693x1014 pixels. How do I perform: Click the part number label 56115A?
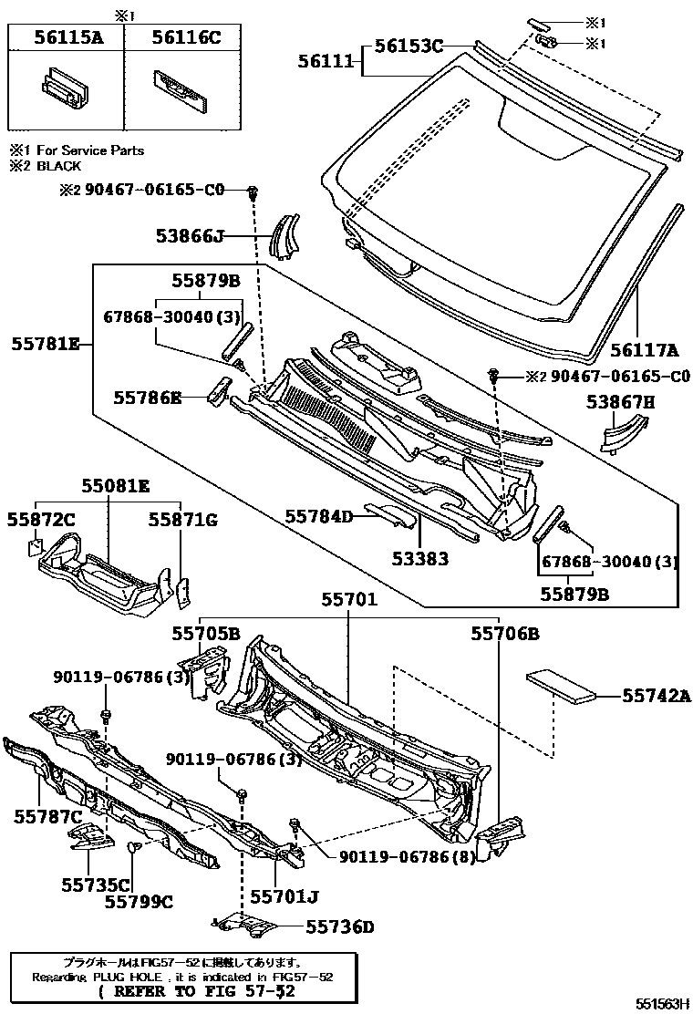pos(66,37)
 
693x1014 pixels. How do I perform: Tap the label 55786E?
pos(148,397)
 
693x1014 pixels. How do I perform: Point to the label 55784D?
pos(317,517)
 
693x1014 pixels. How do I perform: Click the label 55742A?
pos(657,695)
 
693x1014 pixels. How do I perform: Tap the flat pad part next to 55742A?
pos(563,684)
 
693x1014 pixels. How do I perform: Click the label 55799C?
pos(139,901)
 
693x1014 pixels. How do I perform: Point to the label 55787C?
pos(48,815)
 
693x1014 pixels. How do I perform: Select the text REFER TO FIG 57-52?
pos(196,990)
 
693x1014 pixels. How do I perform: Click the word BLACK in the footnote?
pos(58,166)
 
